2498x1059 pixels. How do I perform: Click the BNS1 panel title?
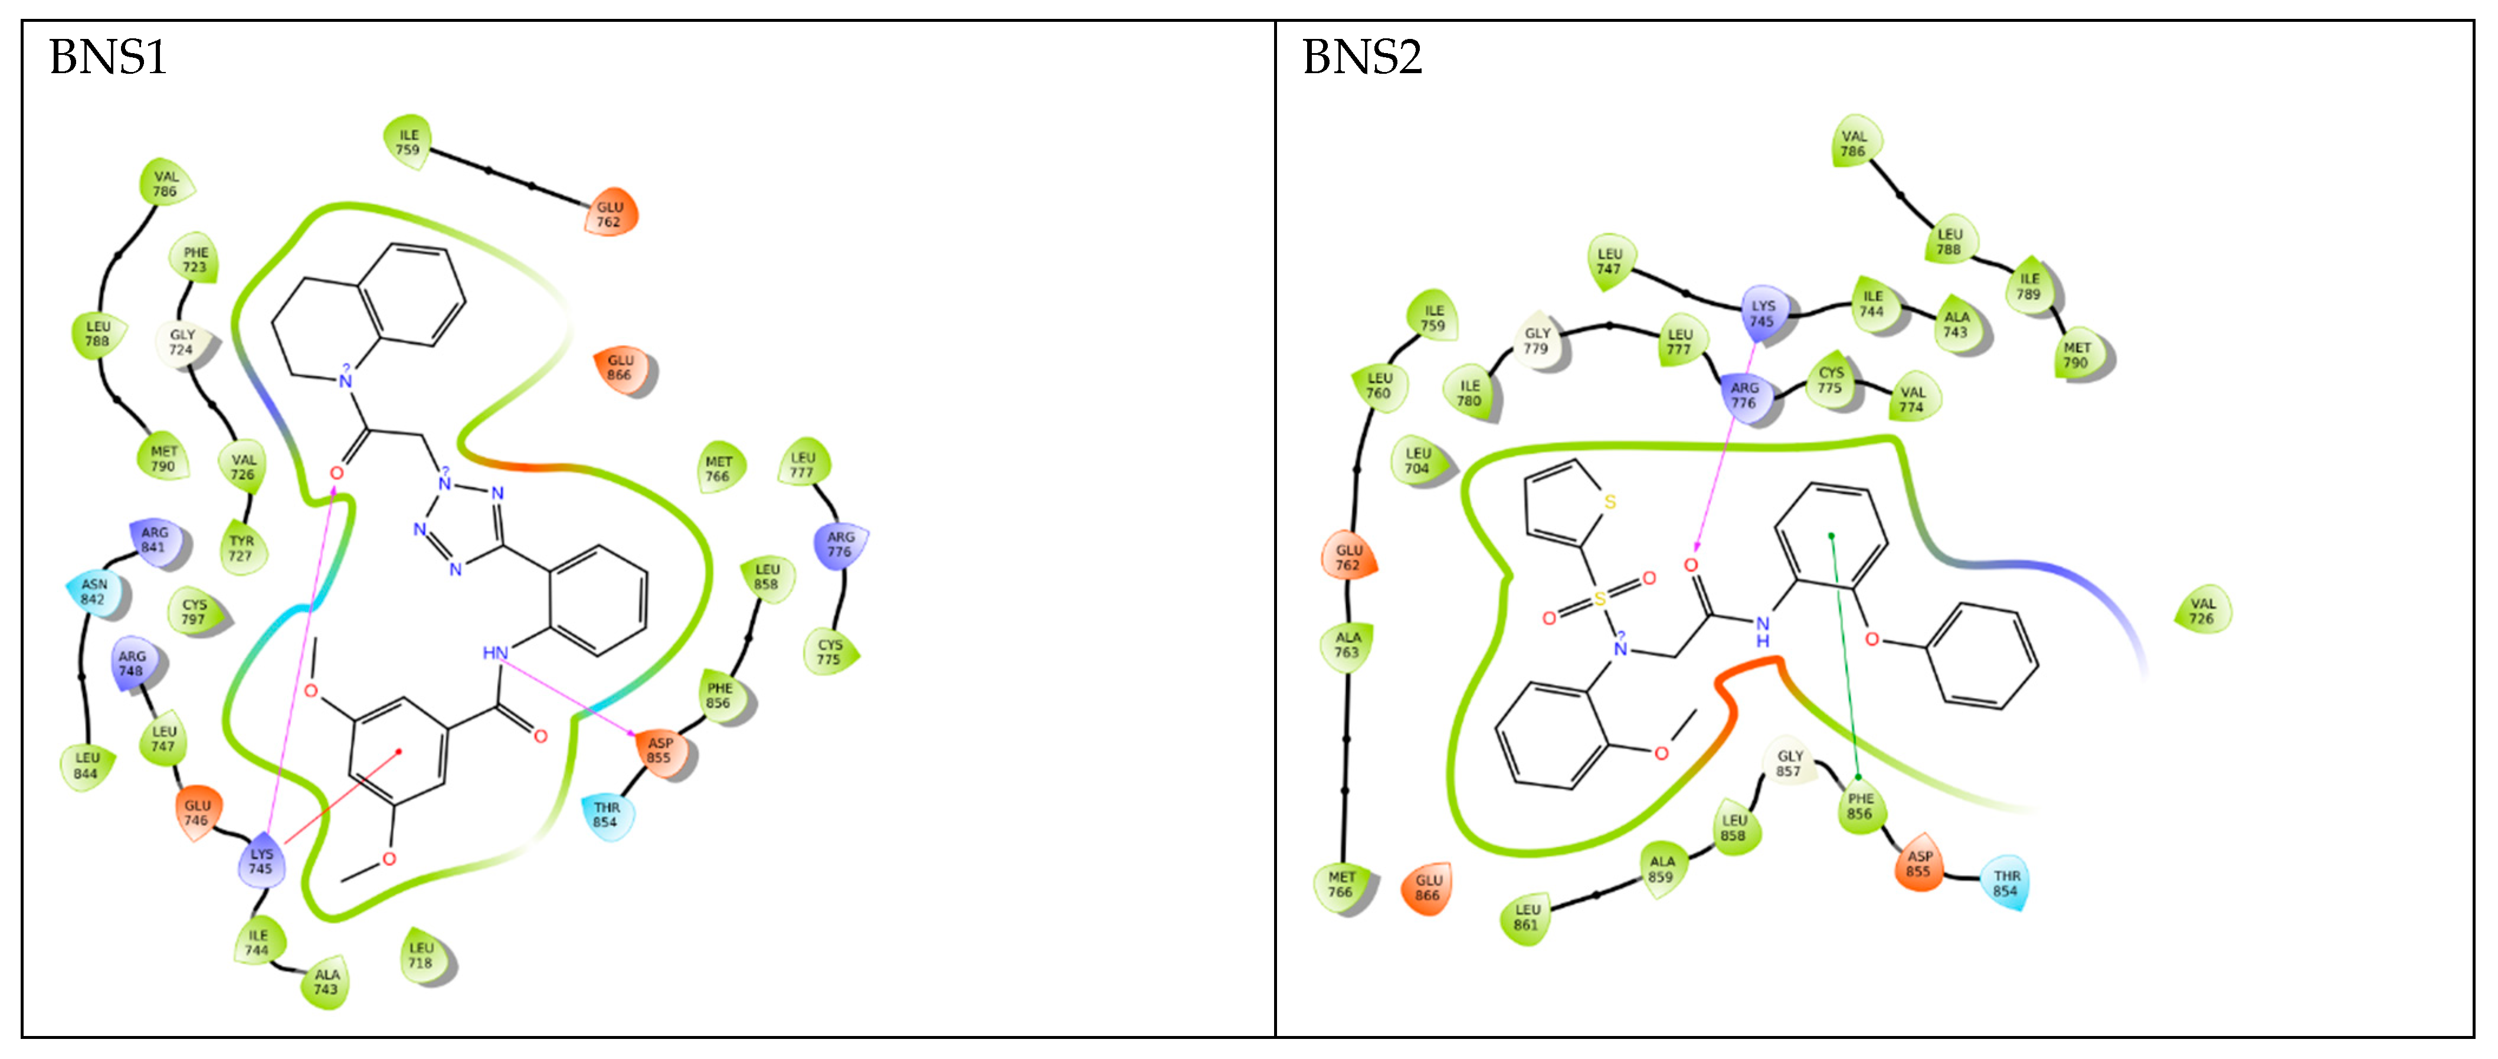click(107, 57)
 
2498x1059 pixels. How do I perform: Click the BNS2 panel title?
click(1361, 57)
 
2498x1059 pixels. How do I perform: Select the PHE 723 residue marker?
click(195, 260)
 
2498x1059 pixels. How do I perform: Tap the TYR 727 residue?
click(241, 549)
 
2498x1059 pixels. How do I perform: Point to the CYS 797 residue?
click(194, 612)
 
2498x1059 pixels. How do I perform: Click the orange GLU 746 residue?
click(197, 812)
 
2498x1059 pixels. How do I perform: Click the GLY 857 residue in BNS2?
click(1789, 764)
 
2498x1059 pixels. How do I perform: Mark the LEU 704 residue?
click(1417, 461)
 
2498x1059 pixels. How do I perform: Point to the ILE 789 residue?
click(2029, 286)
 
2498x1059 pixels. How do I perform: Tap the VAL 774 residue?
click(1912, 399)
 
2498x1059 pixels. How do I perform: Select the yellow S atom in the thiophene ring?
click(1610, 502)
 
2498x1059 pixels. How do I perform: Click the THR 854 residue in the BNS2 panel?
click(2005, 883)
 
